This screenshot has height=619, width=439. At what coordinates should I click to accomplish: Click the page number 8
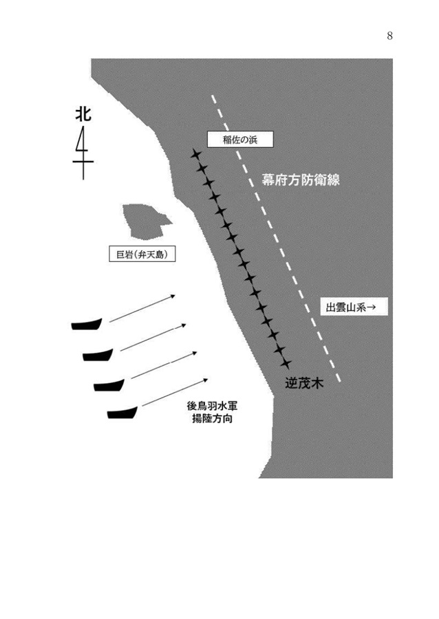tap(389, 36)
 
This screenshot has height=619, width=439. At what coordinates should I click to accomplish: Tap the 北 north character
tap(83, 114)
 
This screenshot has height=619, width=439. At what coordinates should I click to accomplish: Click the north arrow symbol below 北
tap(83, 153)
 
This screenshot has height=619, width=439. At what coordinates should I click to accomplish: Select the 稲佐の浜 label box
tap(240, 140)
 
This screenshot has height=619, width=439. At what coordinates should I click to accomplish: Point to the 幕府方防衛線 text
tap(301, 180)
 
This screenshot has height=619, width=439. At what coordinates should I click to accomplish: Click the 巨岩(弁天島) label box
tap(142, 254)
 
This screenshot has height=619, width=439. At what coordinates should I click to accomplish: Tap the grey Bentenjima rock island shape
tap(145, 221)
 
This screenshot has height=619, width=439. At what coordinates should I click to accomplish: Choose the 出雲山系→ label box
tap(354, 306)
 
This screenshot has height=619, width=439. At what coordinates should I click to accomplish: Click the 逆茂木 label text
tap(304, 383)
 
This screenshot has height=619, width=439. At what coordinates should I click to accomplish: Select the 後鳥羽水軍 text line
tap(213, 406)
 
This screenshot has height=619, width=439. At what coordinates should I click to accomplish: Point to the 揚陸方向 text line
tap(213, 418)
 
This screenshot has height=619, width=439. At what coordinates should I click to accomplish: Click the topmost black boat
tap(87, 324)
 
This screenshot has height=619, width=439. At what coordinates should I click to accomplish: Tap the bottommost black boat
tap(122, 413)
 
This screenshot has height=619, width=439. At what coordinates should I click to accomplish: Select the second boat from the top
tap(98, 355)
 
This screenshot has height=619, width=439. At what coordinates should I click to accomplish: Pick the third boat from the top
tap(109, 385)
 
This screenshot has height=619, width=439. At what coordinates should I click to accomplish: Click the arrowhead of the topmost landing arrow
tap(173, 296)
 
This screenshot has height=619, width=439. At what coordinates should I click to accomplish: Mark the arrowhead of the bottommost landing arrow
tap(206, 380)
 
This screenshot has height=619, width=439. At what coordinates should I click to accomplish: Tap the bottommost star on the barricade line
tap(286, 363)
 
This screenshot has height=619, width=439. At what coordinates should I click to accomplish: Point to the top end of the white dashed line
tap(213, 96)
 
